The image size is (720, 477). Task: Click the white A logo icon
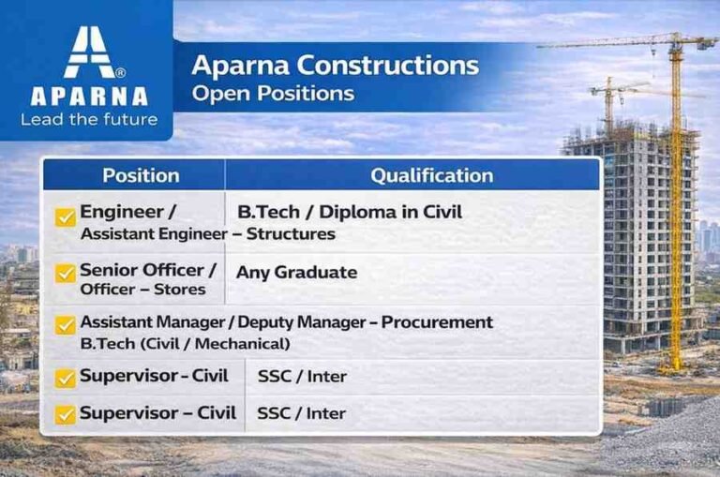pos(88,52)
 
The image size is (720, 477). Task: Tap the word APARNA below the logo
pos(88,97)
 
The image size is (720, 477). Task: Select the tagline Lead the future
pos(88,119)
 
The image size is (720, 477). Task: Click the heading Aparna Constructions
pos(335,67)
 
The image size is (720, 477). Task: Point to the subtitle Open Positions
pos(272,94)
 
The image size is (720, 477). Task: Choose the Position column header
pos(141,175)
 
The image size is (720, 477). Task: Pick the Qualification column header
pos(431,175)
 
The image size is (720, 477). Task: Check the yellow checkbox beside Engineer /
pos(66,216)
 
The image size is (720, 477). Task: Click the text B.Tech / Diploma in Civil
pos(350,213)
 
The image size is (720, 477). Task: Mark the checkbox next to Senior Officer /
pos(66,273)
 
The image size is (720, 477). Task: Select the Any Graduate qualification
pos(296,273)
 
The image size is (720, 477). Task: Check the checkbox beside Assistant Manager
pos(66,325)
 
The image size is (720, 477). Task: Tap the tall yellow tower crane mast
pos(675,216)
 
